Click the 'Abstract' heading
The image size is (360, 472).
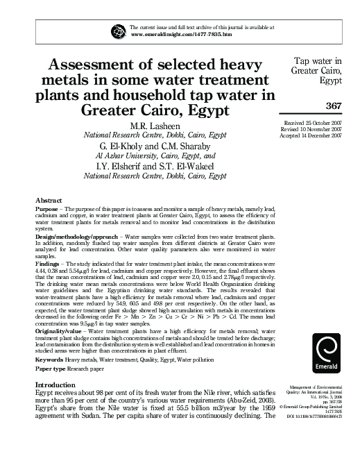[49, 199]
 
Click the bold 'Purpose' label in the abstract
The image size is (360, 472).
[46, 208]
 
